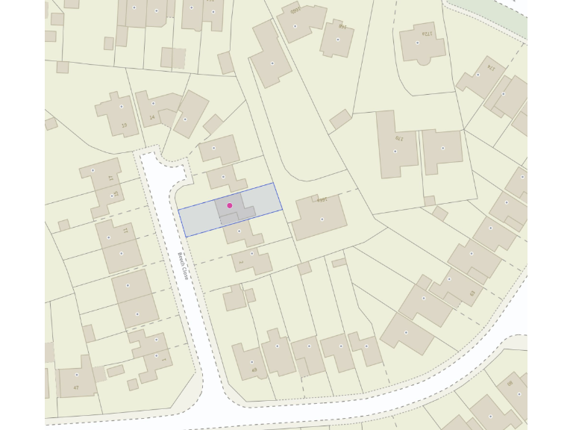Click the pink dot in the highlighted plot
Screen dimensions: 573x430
230,205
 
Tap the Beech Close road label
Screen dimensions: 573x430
182,266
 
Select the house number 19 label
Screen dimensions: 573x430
124,125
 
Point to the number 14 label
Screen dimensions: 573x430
152,117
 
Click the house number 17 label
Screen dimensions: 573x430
110,178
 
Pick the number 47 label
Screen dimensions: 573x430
76,387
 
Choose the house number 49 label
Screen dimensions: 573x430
254,370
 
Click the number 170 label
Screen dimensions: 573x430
398,138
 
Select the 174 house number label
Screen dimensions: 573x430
490,67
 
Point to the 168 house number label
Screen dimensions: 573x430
322,200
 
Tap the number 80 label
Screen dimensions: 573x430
510,384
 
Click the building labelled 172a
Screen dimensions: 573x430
422,43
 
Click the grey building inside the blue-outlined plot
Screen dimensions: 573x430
236,208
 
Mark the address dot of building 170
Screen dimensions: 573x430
395,152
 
